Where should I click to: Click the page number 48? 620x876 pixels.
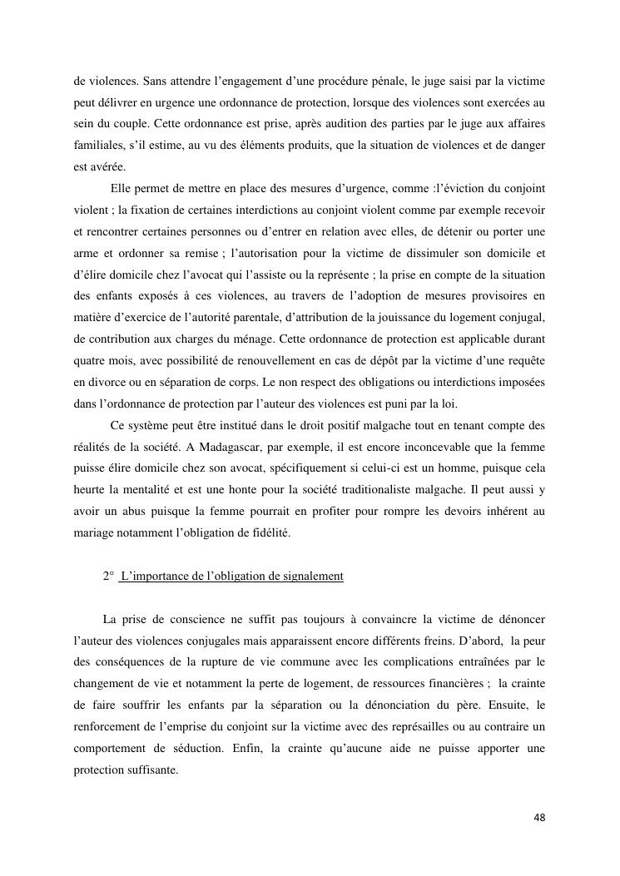coord(539,818)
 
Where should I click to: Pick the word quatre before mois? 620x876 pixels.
coord(90,359)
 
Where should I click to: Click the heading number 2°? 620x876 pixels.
coord(108,576)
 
